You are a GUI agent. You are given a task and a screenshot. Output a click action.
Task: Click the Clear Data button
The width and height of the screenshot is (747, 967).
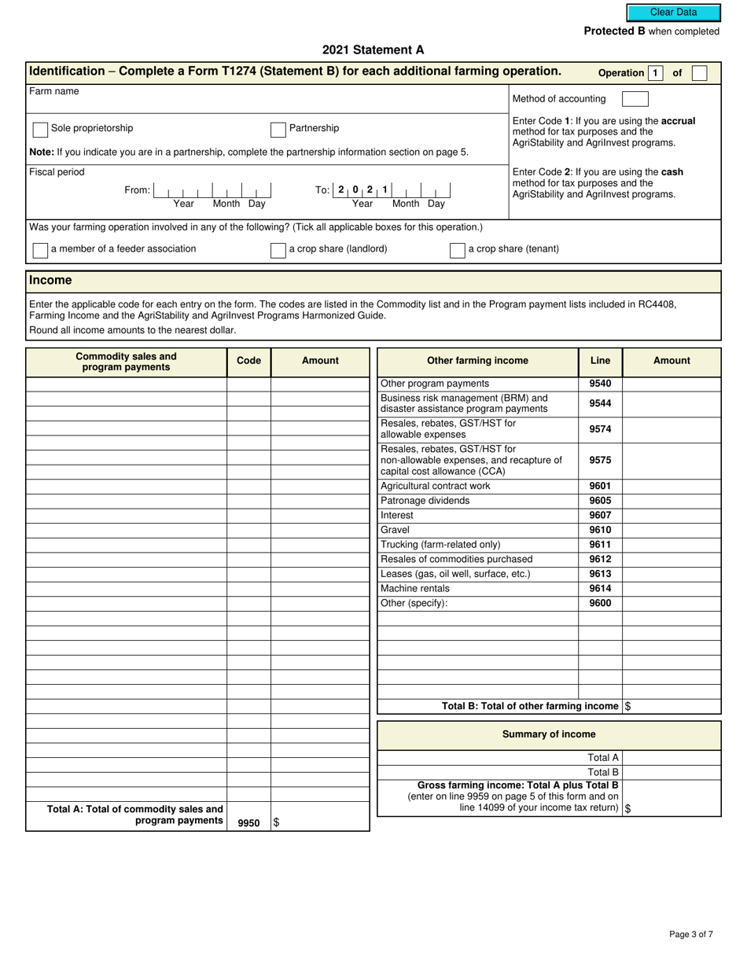pos(673,13)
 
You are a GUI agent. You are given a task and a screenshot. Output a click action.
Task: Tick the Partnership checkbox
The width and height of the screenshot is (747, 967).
pos(278,129)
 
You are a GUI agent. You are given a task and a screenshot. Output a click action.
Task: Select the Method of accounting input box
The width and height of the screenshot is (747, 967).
pos(635,99)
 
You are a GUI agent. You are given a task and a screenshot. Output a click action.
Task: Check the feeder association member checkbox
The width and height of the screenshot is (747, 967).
pos(40,250)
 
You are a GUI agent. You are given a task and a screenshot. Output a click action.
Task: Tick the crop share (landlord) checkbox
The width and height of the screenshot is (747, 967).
pos(278,250)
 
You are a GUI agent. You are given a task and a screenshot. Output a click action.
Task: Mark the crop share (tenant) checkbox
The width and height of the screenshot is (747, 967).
pos(457,250)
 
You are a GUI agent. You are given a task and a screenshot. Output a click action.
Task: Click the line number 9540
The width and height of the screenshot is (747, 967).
pos(600,384)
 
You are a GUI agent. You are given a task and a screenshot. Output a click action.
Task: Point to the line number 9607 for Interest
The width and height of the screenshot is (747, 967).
pos(600,516)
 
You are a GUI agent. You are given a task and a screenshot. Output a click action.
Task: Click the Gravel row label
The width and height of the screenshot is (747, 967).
pos(395,530)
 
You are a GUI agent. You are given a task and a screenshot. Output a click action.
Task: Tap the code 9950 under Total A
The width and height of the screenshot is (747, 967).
pos(248,823)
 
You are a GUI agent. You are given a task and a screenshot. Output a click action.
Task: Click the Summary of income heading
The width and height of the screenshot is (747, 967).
pos(549,734)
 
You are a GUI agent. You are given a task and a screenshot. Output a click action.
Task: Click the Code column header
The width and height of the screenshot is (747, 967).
pos(248,361)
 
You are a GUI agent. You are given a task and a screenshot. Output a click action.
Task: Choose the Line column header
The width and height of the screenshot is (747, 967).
pos(600,361)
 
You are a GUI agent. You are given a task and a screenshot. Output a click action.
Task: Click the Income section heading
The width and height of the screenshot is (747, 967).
pos(50,281)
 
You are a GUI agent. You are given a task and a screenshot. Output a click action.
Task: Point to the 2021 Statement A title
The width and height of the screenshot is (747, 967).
pos(373,50)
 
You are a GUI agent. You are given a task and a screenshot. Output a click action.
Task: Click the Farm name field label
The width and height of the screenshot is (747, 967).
pos(53,92)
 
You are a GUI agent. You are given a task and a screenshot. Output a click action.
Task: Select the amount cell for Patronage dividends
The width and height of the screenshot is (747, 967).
pos(672,501)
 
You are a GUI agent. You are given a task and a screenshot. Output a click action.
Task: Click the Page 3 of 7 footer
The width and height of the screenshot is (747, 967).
pos(691,935)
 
